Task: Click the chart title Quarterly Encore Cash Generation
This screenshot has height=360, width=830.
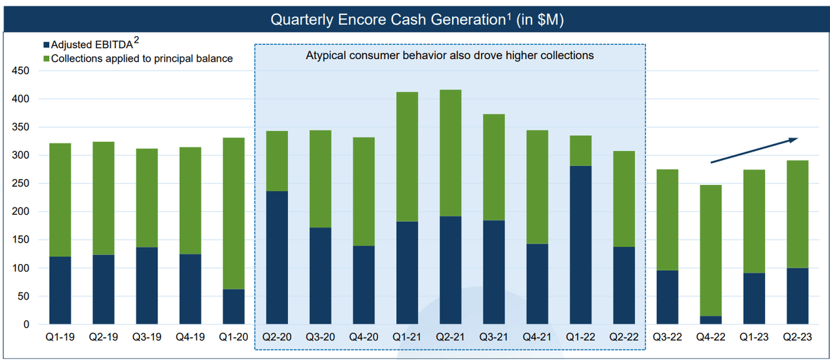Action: (x=387, y=19)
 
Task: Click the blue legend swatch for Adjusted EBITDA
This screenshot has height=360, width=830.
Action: (x=45, y=45)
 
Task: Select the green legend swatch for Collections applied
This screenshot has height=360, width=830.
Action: (x=45, y=59)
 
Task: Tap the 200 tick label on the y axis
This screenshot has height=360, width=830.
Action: (x=21, y=211)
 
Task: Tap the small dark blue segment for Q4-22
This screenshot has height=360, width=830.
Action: (x=711, y=320)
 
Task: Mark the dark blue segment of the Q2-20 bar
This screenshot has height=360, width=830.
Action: (x=277, y=258)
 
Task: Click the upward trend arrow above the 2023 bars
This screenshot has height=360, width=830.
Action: (x=754, y=150)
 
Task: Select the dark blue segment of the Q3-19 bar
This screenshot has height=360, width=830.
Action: (x=147, y=285)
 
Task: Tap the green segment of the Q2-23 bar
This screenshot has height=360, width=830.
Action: (x=797, y=214)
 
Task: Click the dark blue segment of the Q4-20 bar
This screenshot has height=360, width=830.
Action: (x=363, y=285)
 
